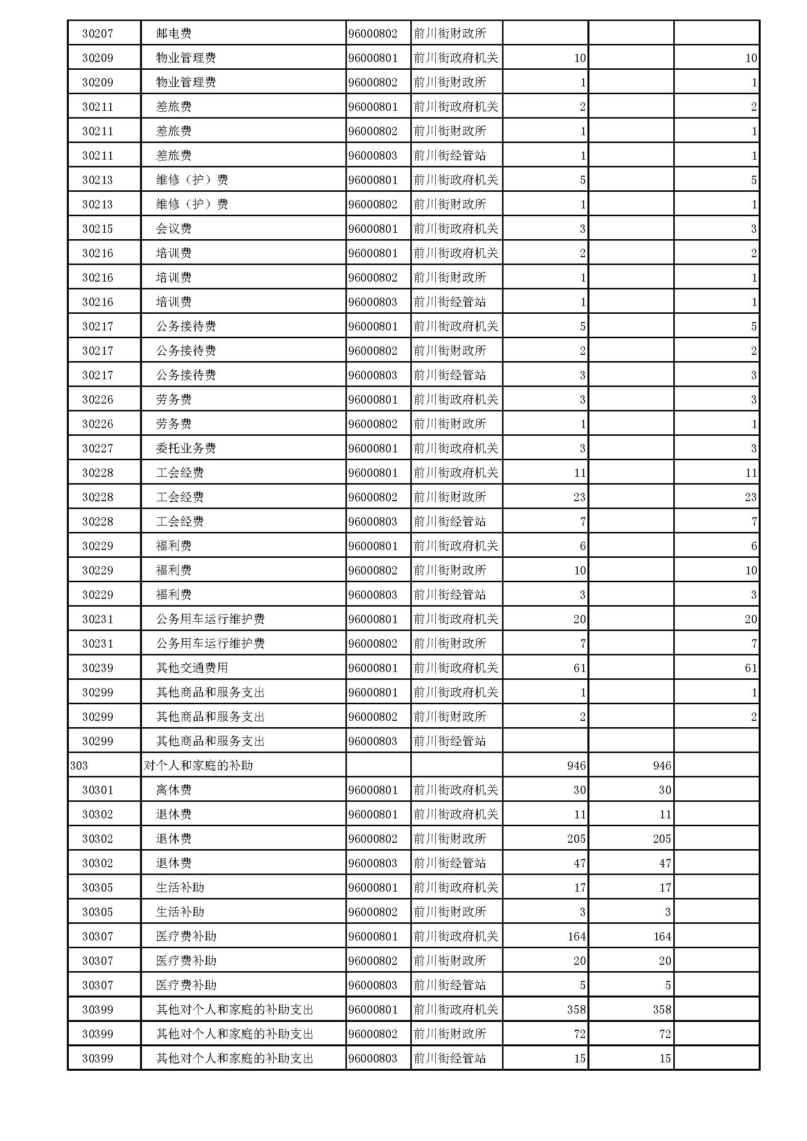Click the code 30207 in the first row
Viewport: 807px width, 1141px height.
pyautogui.click(x=98, y=33)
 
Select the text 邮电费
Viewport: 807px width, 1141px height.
pyautogui.click(x=173, y=33)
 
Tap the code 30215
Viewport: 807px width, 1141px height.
pyautogui.click(x=98, y=228)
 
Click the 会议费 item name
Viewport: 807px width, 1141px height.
pyautogui.click(x=173, y=228)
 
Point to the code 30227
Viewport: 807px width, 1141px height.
pyautogui.click(x=98, y=448)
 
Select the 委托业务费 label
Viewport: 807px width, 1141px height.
pyautogui.click(x=186, y=448)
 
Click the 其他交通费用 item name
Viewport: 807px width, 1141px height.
pyautogui.click(x=192, y=668)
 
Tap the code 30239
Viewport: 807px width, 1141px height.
pyautogui.click(x=98, y=668)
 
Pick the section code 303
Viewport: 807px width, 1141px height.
pyautogui.click(x=79, y=765)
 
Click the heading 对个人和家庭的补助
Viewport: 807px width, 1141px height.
pyautogui.click(x=198, y=765)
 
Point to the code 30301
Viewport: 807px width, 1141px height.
pyautogui.click(x=98, y=790)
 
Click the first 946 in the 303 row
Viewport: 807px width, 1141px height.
pyautogui.click(x=576, y=765)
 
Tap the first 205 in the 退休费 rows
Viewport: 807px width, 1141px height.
pyautogui.click(x=576, y=839)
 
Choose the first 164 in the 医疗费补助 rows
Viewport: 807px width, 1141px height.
pyautogui.click(x=576, y=936)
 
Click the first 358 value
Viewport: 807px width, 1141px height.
pyautogui.click(x=576, y=1009)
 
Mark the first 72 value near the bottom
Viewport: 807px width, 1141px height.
pyautogui.click(x=579, y=1034)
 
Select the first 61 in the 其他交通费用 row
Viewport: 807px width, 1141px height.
pyautogui.click(x=579, y=668)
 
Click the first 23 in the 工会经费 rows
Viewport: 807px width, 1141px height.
pyautogui.click(x=579, y=497)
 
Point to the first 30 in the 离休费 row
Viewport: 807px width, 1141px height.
pyautogui.click(x=579, y=790)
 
